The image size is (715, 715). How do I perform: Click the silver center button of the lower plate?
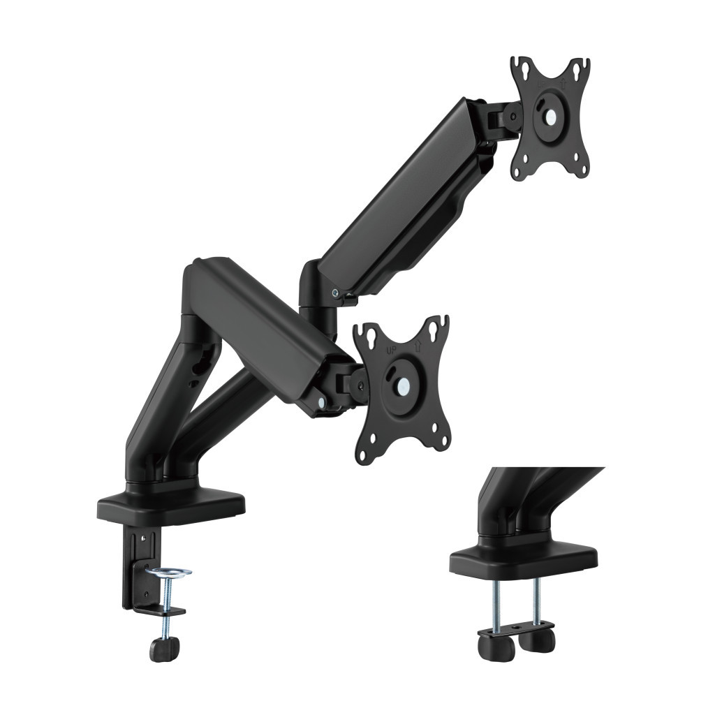403,384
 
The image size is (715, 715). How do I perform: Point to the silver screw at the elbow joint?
337,294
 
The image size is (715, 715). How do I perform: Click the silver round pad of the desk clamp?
168,573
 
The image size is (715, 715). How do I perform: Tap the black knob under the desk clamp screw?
164,649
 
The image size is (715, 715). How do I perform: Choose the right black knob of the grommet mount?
538,639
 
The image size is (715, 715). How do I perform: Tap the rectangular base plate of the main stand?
171,507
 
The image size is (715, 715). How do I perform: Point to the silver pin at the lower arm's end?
320,403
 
